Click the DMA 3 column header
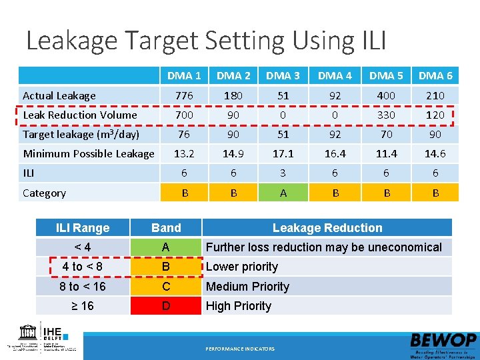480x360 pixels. [283, 76]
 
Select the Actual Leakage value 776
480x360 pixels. [184, 96]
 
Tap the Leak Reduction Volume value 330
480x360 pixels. [386, 115]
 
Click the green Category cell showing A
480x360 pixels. [283, 193]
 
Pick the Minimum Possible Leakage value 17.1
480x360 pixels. [283, 154]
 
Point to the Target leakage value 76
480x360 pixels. [184, 135]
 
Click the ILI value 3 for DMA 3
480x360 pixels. [283, 173]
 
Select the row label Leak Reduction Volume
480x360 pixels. [80, 115]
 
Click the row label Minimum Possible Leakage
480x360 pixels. [89, 154]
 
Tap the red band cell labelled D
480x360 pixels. [166, 306]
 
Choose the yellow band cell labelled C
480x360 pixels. [166, 287]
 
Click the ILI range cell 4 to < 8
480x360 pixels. [82, 267]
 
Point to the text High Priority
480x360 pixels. [239, 306]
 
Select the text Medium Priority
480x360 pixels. [247, 287]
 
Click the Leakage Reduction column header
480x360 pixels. [327, 228]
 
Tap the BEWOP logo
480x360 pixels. [443, 342]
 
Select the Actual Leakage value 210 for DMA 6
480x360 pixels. [435, 96]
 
